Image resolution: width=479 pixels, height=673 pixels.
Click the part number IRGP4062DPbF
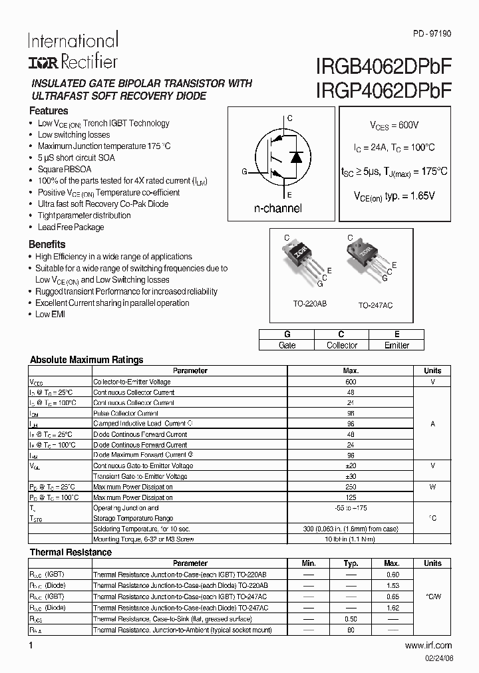381,92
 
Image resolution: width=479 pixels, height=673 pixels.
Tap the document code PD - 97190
432,33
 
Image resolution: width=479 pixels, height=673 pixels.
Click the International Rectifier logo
73,51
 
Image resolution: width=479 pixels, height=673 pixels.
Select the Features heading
49,111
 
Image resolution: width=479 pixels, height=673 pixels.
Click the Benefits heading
47,244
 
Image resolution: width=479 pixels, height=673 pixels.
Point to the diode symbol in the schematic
297,158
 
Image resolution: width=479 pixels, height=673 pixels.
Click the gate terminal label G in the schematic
244,172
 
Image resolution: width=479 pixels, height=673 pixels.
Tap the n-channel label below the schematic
277,208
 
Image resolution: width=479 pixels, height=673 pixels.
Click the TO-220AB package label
310,303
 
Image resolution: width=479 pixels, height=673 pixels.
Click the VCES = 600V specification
395,125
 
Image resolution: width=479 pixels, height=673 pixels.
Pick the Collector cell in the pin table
342,345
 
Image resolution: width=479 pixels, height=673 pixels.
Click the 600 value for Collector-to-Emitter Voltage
351,382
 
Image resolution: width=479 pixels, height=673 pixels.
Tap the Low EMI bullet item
50,314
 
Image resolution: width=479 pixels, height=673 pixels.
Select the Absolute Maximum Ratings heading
86,360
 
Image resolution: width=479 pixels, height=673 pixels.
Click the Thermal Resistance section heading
71,552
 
